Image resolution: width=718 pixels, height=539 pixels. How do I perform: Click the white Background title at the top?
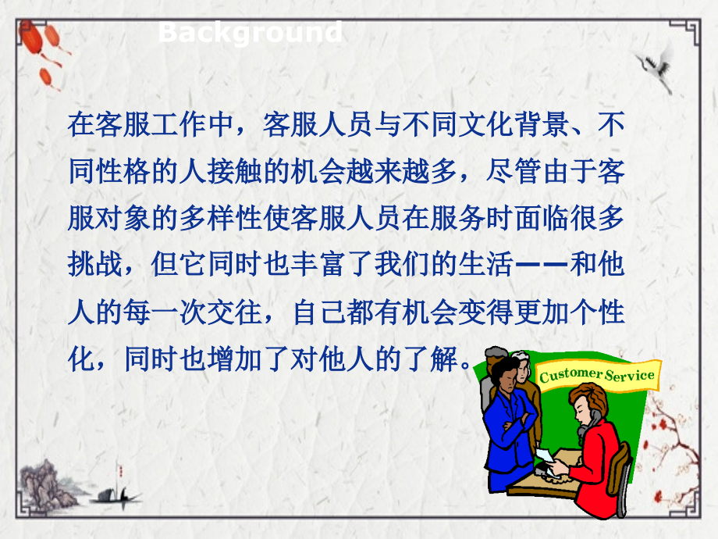pyautogui.click(x=250, y=33)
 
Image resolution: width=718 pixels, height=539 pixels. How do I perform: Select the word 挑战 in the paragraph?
pyautogui.click(x=97, y=266)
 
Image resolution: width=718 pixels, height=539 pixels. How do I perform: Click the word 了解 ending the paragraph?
pyautogui.click(x=430, y=362)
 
